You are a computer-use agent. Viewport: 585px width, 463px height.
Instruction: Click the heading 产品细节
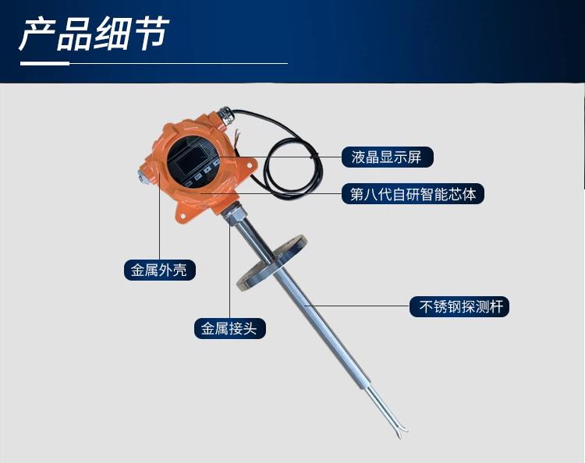(x=94, y=34)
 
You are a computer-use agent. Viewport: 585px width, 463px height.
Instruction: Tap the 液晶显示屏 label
(x=387, y=157)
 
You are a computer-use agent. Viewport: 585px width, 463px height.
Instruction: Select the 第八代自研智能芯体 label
(x=413, y=193)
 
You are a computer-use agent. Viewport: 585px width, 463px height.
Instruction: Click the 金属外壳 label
(x=159, y=270)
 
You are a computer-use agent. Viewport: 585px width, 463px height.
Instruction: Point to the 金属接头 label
(x=230, y=328)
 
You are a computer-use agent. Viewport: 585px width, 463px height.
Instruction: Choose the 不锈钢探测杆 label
(x=459, y=307)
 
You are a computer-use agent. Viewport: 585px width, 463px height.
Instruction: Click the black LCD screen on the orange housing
(x=194, y=160)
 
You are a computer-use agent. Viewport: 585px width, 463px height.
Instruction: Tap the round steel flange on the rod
(x=271, y=263)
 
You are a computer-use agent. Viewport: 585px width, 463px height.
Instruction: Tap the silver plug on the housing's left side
(x=143, y=175)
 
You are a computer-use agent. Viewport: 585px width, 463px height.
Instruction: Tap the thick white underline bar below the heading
(x=44, y=63)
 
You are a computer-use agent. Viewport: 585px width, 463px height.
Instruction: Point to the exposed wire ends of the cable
(x=236, y=137)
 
